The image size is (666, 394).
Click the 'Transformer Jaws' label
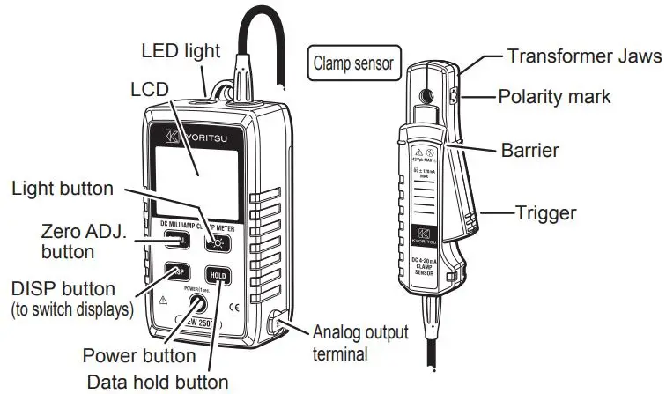click(x=584, y=56)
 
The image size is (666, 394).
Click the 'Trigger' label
click(x=546, y=212)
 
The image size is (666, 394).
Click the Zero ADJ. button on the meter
click(x=175, y=240)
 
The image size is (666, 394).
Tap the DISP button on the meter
click(x=177, y=272)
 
